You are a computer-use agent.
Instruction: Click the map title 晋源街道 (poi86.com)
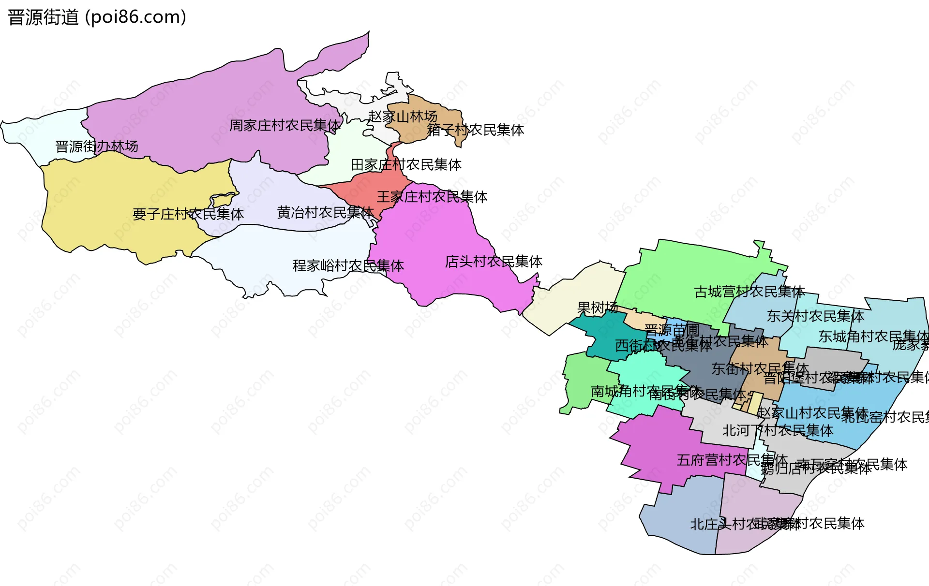coord(97,17)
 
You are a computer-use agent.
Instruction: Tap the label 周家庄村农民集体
coord(285,126)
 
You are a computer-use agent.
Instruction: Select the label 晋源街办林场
coord(97,146)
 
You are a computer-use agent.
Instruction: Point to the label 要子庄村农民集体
coord(188,214)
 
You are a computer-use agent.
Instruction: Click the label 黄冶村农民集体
coord(325,212)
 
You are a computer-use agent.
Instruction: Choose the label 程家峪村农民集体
coord(348,265)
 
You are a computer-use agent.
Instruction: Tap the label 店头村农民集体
coord(494,262)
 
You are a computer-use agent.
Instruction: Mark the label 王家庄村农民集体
coord(432,197)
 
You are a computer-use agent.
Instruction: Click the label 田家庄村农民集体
coord(405,165)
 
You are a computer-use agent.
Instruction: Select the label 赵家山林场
coord(403,117)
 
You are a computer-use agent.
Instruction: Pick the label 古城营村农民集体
coord(749,292)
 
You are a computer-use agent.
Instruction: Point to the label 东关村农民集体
coord(815,316)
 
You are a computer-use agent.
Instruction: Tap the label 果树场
coord(597,308)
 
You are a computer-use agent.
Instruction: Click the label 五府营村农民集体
coord(732,460)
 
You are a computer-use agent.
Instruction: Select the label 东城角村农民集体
coord(873,337)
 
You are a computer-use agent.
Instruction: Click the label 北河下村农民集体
coord(778,430)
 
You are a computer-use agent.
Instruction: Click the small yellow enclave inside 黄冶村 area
coord(223,199)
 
